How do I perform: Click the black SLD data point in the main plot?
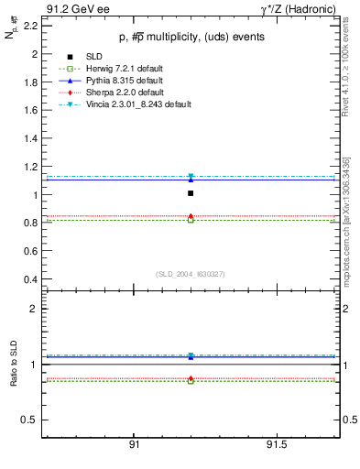(191, 193)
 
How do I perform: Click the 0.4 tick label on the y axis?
(30, 279)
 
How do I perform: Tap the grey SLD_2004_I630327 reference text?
(190, 273)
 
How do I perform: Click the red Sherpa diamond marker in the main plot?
(191, 216)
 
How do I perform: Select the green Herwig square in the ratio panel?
(191, 380)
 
